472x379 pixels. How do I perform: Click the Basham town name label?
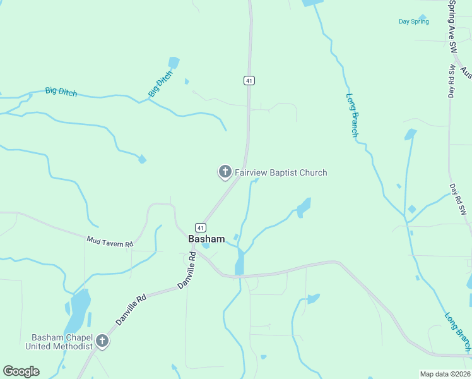(x=206, y=239)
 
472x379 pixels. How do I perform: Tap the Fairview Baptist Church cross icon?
(x=225, y=172)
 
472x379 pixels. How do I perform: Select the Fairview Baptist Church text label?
(x=281, y=172)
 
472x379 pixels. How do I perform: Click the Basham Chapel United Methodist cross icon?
(x=102, y=342)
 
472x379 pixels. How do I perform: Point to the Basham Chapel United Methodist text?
(x=58, y=342)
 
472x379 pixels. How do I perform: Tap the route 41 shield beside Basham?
(x=200, y=227)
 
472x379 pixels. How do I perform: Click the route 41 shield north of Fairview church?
(x=249, y=80)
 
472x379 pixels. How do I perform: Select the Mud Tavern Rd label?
(x=110, y=241)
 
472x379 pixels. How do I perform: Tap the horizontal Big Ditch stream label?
(x=61, y=92)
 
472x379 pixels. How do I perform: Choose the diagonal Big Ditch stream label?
(x=160, y=84)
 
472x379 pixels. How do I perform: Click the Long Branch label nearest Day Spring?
(x=351, y=115)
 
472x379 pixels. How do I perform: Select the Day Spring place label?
(x=413, y=21)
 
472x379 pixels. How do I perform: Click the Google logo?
(x=21, y=371)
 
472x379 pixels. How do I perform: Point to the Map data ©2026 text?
(x=445, y=374)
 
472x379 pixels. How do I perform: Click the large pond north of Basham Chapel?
(x=80, y=311)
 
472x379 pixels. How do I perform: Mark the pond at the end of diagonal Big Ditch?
(x=174, y=63)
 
